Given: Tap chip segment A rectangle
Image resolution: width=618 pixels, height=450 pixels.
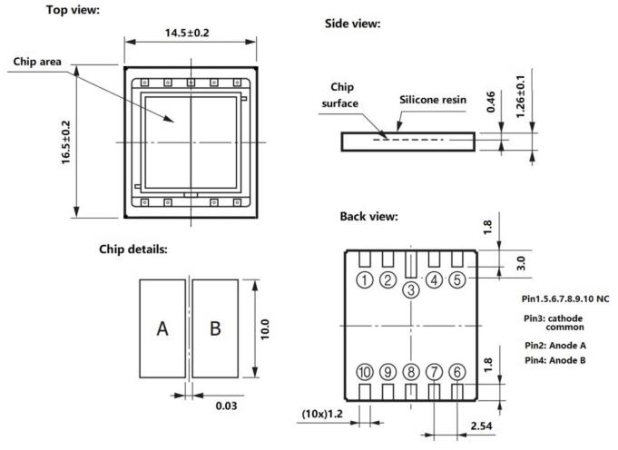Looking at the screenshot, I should (x=162, y=328).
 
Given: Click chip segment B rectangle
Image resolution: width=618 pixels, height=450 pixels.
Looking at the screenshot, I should (x=215, y=328).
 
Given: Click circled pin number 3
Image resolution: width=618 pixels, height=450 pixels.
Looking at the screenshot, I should (x=411, y=289).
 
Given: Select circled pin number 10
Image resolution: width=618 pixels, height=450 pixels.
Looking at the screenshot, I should (x=365, y=371).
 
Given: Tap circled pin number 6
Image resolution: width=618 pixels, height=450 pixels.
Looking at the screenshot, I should (x=457, y=371).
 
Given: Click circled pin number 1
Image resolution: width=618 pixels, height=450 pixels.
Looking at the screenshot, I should (x=365, y=279).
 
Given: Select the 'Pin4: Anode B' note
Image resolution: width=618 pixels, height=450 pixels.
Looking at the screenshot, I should (x=555, y=361).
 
